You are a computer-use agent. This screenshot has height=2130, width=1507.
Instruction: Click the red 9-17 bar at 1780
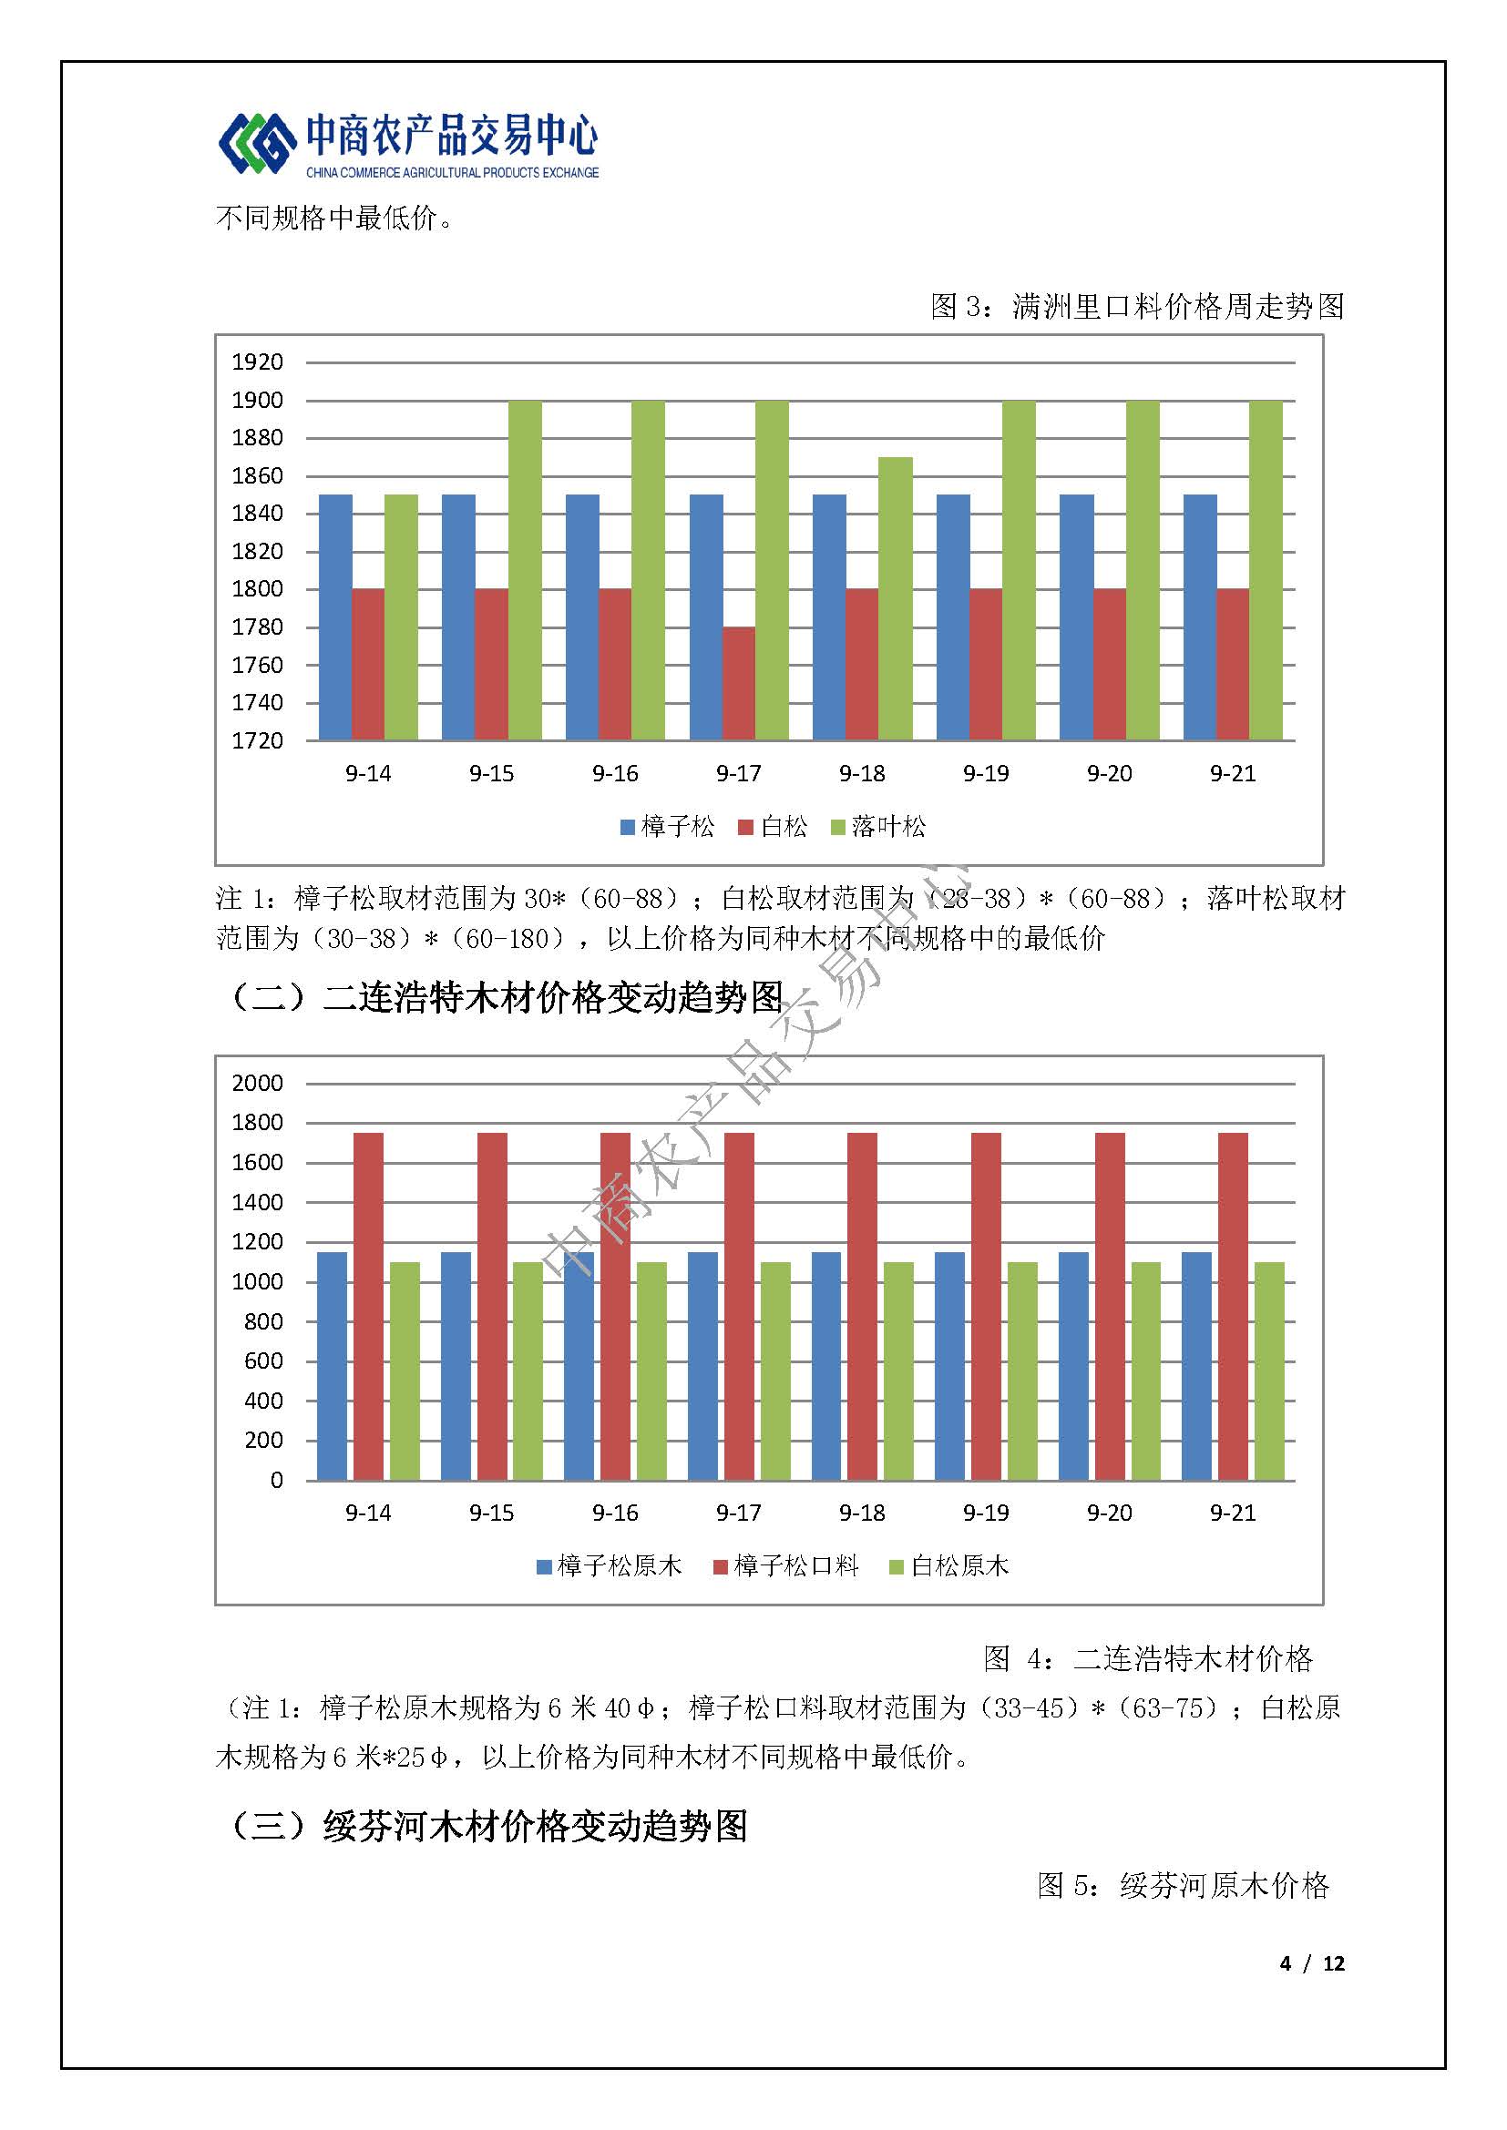coord(739,684)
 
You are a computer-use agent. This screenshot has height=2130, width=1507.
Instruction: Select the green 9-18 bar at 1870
coord(896,598)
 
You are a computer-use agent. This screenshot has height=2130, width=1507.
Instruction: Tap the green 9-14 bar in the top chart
coord(401,617)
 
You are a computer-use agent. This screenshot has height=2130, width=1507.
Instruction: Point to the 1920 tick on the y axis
coord(257,362)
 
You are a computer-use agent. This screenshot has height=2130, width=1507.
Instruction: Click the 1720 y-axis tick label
coord(257,740)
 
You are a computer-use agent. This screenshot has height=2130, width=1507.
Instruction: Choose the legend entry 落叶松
coord(878,827)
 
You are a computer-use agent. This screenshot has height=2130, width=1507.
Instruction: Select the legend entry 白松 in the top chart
coord(773,827)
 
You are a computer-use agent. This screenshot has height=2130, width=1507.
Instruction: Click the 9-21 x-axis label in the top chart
coord(1233,774)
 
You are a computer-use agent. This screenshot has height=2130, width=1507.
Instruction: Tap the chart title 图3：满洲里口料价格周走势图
coord(1138,306)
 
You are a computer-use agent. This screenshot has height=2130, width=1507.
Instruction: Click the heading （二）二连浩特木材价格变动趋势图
coord(507,997)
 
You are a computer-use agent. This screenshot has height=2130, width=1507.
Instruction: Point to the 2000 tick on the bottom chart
coord(257,1083)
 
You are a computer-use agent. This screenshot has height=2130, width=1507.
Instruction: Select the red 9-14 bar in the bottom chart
coord(368,1306)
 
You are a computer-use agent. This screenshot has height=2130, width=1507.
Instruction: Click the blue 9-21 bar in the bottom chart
coord(1197,1367)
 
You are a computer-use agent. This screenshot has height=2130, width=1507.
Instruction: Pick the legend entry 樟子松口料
coord(786,1567)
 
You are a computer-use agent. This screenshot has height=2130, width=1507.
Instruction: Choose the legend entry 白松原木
coord(949,1567)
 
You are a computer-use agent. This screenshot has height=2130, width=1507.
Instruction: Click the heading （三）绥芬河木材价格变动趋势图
coord(488,1827)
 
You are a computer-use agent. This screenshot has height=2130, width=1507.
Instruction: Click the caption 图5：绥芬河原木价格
coord(1184,1885)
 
